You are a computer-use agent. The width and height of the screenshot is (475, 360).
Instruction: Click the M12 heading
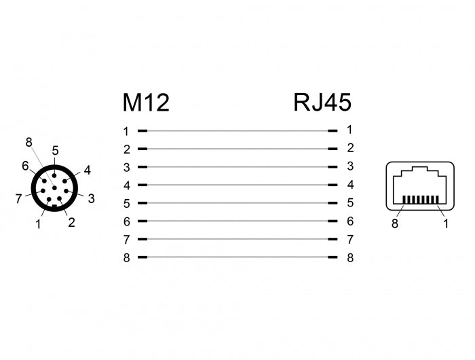[x=146, y=103]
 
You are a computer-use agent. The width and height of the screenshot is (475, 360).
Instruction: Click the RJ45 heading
[x=322, y=102]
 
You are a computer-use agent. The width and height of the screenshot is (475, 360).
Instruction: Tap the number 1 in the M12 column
[x=126, y=132]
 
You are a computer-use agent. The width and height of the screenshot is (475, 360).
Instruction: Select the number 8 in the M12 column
[x=127, y=258]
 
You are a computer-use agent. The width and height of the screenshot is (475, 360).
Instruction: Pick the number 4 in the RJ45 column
[x=351, y=184]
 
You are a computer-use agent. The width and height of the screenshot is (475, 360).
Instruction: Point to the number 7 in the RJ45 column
[x=351, y=239]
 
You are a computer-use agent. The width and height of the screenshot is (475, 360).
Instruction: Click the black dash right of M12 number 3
[x=142, y=167]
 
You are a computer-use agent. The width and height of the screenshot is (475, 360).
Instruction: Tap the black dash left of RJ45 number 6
[x=332, y=221]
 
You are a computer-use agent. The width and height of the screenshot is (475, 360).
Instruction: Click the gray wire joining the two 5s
[x=237, y=203]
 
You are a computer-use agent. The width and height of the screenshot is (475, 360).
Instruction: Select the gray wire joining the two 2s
[x=237, y=149]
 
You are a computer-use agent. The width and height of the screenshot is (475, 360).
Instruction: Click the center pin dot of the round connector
[x=54, y=188]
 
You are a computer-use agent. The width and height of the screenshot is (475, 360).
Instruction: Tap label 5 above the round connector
[x=55, y=151]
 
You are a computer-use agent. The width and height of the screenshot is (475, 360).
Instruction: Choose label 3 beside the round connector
[x=91, y=198]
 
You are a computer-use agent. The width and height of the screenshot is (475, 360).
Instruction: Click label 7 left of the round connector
[x=19, y=199]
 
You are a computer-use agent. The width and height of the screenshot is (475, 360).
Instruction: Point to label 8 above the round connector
[x=28, y=142]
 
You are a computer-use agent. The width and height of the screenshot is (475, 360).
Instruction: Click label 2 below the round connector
[x=71, y=222]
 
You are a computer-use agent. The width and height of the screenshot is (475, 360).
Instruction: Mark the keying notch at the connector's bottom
[x=54, y=206]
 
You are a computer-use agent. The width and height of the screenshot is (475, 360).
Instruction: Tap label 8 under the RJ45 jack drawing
[x=395, y=223]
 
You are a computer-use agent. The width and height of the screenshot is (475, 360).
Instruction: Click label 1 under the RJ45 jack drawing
[x=446, y=223]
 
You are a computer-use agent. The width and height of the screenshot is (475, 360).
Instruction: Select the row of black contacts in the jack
[x=421, y=199]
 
